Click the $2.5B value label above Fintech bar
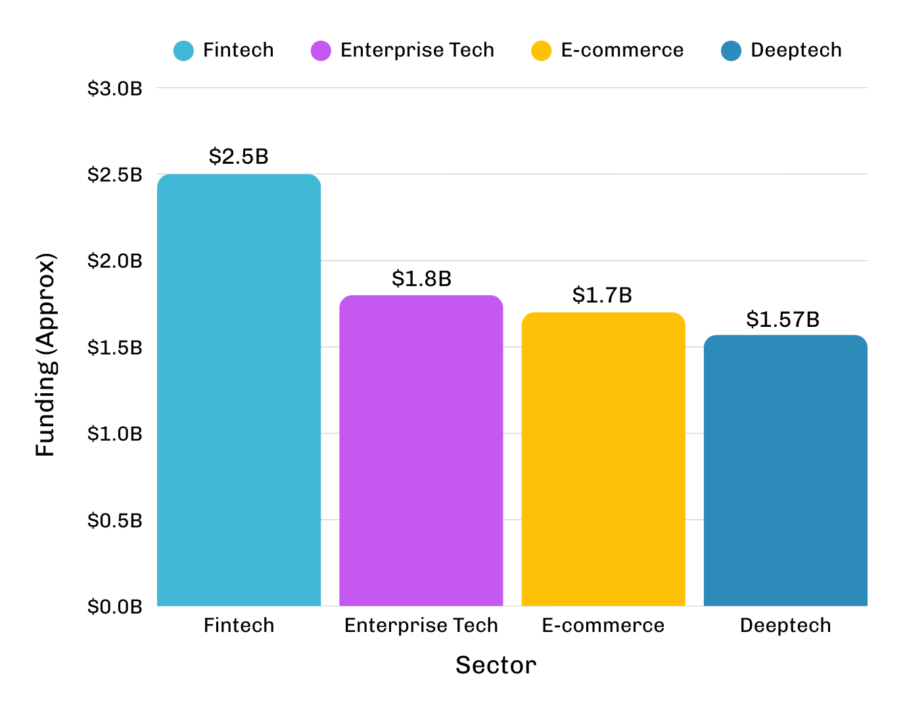point(239,157)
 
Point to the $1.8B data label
point(421,279)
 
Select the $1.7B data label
point(602,295)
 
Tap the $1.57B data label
point(783,320)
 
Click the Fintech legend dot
point(183,51)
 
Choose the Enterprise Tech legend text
point(417,51)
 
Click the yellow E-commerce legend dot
point(542,51)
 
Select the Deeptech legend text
point(796,51)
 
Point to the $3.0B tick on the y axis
point(115,88)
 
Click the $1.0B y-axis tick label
point(115,434)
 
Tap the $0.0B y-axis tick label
point(115,606)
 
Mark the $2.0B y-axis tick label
point(115,261)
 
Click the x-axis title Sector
point(496,665)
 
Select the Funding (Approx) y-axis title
point(46,355)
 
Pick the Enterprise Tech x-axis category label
point(421,625)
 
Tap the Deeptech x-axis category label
point(785,625)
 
